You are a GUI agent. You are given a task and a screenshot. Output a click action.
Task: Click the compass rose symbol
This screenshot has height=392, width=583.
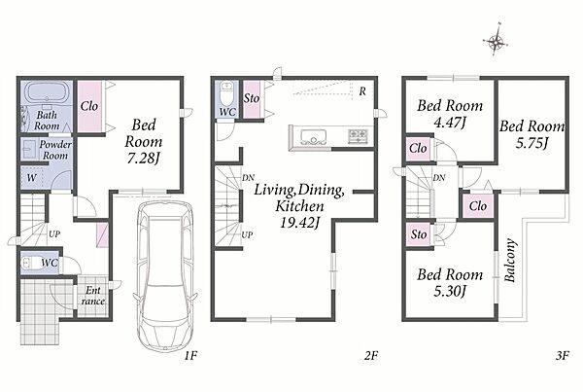click(496, 40)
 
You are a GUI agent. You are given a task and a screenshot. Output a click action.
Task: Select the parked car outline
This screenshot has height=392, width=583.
click(165, 276)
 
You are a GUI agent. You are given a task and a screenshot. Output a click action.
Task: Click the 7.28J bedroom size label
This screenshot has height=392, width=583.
click(143, 159)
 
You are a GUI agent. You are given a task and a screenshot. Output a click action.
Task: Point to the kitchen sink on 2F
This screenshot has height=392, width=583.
click(314, 136)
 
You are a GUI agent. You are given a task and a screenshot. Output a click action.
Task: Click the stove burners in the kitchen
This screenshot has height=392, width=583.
click(358, 135)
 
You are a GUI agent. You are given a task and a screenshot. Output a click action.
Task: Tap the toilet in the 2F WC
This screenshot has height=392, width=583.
click(226, 93)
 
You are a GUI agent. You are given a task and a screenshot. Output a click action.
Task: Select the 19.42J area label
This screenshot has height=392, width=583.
click(299, 223)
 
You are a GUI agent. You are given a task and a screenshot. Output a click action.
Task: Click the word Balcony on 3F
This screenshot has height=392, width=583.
click(510, 261)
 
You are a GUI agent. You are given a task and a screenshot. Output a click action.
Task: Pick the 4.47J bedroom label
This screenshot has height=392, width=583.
click(450, 123)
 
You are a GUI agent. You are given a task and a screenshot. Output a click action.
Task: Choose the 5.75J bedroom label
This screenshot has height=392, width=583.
click(532, 143)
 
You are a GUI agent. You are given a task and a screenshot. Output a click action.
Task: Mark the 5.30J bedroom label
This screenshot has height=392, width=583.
click(450, 291)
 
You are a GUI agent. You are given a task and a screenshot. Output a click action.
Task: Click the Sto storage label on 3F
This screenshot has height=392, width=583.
click(419, 234)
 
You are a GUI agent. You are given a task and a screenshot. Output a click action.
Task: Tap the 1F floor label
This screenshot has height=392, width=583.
click(190, 356)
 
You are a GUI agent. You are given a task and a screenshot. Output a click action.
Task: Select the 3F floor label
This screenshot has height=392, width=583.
click(563, 356)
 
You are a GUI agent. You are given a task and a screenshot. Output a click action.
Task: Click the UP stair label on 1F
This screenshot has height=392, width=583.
click(54, 234)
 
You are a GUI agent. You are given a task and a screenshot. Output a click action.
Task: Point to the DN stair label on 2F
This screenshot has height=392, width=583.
click(249, 178)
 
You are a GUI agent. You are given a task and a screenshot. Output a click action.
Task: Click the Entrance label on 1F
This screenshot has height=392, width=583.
click(93, 296)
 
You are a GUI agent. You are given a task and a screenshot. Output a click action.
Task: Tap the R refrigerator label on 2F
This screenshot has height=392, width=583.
click(362, 91)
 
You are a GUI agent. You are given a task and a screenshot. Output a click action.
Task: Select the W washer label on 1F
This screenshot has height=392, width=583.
click(32, 178)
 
